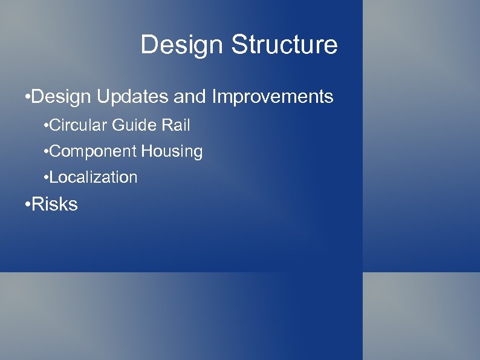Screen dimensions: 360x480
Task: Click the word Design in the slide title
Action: (182, 45)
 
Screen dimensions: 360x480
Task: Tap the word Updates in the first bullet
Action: (123, 97)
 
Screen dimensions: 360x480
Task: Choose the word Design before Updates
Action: (59, 97)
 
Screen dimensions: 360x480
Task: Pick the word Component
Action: (93, 151)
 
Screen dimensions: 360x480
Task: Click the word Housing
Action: (172, 151)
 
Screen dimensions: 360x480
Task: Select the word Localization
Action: (94, 177)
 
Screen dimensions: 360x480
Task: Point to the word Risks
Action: (54, 205)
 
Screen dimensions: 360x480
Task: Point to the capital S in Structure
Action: (238, 45)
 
